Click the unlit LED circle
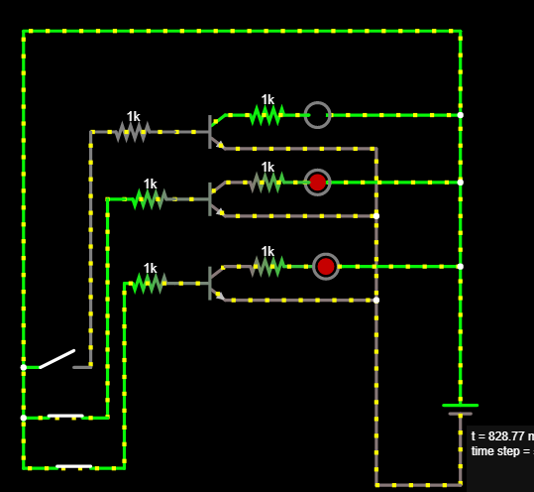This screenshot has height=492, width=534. (x=317, y=115)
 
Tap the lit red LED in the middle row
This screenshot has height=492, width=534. (x=317, y=183)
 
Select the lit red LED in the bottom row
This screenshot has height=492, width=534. (x=326, y=267)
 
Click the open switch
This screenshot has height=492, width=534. (x=57, y=359)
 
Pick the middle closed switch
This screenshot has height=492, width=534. (x=65, y=417)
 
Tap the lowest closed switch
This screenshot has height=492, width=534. (x=74, y=466)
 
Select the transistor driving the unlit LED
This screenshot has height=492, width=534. (x=214, y=131)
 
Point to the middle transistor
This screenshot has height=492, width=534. (x=214, y=198)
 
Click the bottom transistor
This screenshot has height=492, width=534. (x=214, y=283)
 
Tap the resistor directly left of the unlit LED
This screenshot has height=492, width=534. (x=266, y=115)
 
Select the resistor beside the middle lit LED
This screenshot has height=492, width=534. (x=266, y=183)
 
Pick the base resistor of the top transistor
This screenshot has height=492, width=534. (x=132, y=131)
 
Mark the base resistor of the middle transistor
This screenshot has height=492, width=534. (x=149, y=198)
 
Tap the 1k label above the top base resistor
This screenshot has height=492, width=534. (x=133, y=116)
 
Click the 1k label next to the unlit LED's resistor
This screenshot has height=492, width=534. (x=267, y=99)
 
